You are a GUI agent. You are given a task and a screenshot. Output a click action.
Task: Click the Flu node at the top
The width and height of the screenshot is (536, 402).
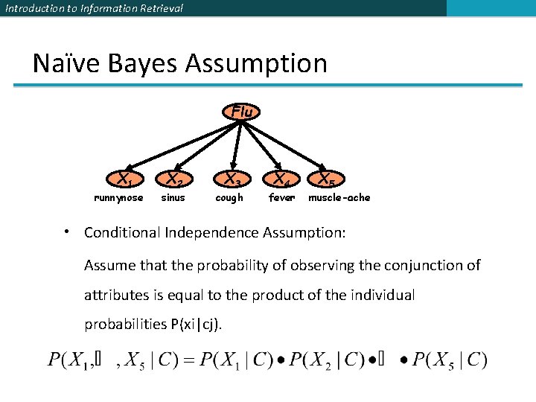pyautogui.click(x=243, y=112)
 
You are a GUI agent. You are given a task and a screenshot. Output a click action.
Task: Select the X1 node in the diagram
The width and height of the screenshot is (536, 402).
pyautogui.click(x=120, y=179)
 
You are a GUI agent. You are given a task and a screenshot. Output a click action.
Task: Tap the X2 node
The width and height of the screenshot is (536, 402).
pyautogui.click(x=174, y=179)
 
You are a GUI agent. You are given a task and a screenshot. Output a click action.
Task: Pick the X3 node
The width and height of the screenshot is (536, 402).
pyautogui.click(x=232, y=179)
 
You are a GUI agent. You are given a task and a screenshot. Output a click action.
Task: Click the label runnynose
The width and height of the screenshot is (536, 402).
pyautogui.click(x=118, y=198)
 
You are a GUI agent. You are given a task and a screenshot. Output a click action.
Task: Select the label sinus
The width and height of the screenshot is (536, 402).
pyautogui.click(x=173, y=198)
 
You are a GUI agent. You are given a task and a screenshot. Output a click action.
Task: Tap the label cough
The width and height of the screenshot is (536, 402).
pyautogui.click(x=229, y=198)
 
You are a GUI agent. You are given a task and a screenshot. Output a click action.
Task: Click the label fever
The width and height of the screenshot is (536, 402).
pyautogui.click(x=281, y=198)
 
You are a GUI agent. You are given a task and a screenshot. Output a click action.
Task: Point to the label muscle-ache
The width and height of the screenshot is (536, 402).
pyautogui.click(x=339, y=198)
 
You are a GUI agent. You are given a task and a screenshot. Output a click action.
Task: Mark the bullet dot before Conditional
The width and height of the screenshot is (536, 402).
pyautogui.click(x=67, y=232)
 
